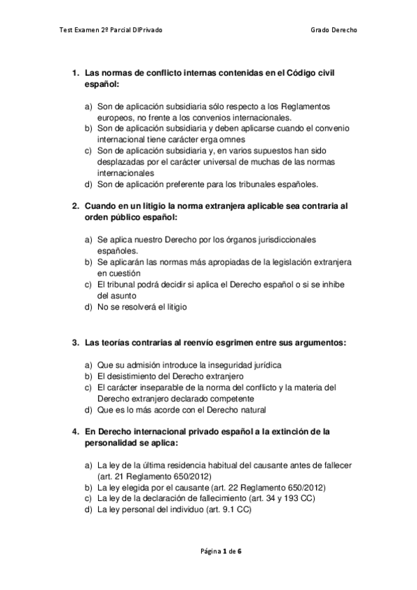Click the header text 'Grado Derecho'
coord(336,31)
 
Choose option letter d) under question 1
coord(88,184)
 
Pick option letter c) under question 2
coord(88,285)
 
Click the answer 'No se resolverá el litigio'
coord(143,306)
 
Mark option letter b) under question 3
coord(88,376)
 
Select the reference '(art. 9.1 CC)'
coord(222,509)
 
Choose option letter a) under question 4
coord(88,465)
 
